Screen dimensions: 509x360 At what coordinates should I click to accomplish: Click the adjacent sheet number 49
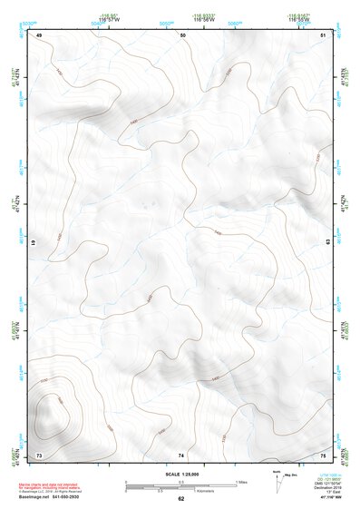tap(40, 35)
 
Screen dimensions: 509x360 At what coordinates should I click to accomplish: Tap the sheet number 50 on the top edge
tap(182, 35)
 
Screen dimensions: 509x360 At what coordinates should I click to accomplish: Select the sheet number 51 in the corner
tap(324, 35)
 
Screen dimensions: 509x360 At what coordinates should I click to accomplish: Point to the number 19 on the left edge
tap(34, 244)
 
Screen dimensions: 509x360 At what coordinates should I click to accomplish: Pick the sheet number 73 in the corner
tap(39, 455)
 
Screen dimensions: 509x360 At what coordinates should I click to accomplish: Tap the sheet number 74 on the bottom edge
tap(181, 455)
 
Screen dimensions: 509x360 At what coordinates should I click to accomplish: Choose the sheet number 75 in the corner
tap(324, 455)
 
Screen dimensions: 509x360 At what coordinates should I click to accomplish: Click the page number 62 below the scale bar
tap(180, 498)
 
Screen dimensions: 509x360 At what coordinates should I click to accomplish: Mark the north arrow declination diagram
tap(277, 479)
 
